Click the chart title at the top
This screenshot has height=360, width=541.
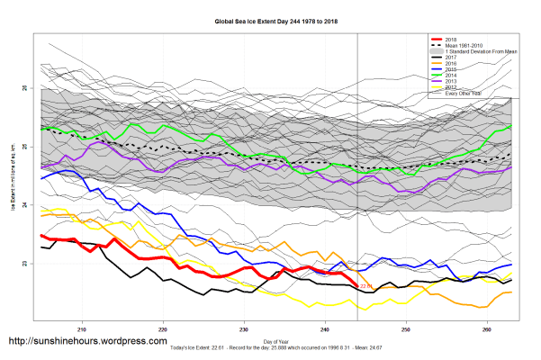coord(269,20)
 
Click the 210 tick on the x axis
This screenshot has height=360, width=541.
coord(83,328)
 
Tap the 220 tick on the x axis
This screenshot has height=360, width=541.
coord(163,328)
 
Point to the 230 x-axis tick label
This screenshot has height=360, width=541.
coord(244,328)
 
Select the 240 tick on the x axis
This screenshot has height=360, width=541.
coord(325,328)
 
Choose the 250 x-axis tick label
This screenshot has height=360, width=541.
coord(406,328)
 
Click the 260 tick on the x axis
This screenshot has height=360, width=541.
coord(487,328)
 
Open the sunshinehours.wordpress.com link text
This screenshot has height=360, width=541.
coord(87,342)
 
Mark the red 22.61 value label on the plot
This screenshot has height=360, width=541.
coord(365,286)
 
